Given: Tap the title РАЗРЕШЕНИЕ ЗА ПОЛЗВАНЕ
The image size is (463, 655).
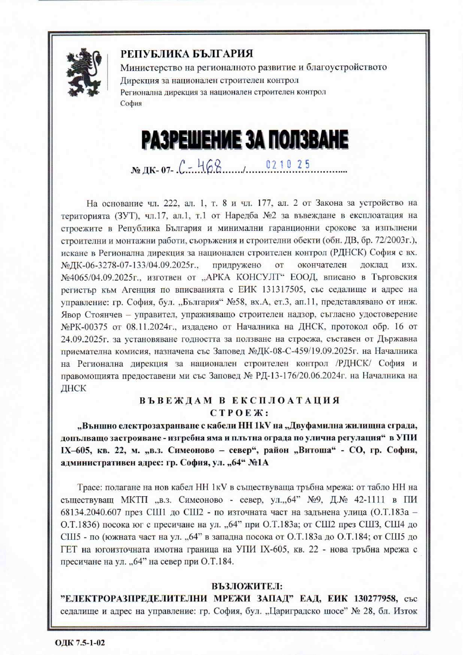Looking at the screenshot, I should [244, 140].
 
